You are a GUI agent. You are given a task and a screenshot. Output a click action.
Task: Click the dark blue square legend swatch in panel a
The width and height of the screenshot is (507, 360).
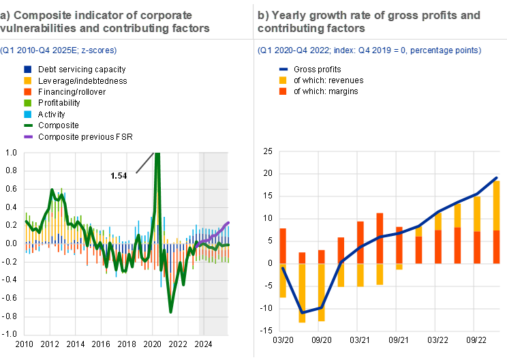tap(28, 70)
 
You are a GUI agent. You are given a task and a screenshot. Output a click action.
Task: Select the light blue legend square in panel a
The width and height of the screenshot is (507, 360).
tap(28, 114)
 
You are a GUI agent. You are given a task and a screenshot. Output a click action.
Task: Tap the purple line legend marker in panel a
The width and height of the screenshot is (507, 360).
tap(28, 136)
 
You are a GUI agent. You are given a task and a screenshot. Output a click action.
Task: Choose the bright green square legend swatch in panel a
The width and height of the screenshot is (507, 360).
tap(28, 103)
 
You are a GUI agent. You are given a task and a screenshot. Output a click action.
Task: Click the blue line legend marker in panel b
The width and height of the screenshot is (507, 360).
tap(283, 70)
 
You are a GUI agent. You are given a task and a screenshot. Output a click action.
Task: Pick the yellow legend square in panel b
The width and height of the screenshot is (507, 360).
tap(283, 80)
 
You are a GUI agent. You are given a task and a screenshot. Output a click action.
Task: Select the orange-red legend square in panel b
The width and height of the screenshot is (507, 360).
tap(283, 91)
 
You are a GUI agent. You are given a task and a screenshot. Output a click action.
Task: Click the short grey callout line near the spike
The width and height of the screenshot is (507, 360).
tap(144, 163)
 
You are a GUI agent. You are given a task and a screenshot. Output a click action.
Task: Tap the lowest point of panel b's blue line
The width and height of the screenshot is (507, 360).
tap(302, 312)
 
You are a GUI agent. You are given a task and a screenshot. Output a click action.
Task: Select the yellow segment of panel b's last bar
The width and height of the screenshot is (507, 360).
tap(497, 205)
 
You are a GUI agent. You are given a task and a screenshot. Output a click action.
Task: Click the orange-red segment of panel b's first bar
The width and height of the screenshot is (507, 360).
tap(283, 245)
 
